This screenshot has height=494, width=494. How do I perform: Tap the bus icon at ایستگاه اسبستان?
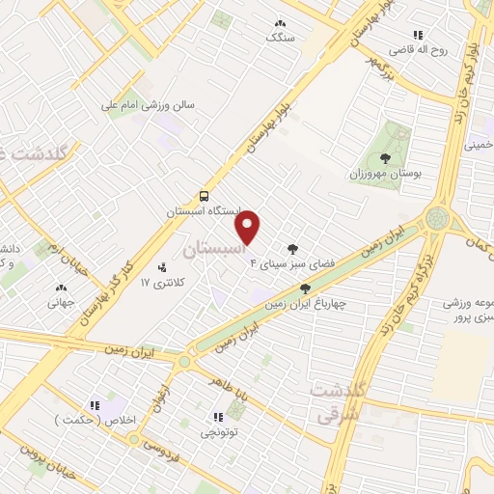(x=204, y=195)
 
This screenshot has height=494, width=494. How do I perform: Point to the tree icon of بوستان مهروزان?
(x=386, y=157)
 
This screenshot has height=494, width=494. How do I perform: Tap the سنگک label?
(x=281, y=38)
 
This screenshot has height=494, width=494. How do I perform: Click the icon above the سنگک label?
(x=281, y=23)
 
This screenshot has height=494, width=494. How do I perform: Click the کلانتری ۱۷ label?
(x=161, y=283)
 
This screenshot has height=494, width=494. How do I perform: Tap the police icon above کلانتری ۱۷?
(x=161, y=267)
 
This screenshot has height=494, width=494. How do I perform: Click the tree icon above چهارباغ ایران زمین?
(x=306, y=288)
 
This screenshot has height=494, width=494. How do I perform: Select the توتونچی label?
(x=217, y=432)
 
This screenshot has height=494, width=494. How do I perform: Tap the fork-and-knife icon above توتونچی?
(x=217, y=417)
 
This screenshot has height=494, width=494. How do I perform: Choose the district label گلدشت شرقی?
(x=337, y=399)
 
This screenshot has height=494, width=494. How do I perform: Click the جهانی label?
(x=62, y=301)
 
